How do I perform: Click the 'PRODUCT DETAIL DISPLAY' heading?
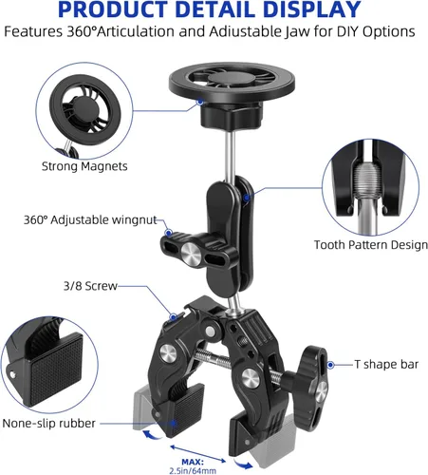click(210, 9)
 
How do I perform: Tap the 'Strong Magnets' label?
click(84, 166)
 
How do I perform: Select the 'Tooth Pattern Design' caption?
click(371, 245)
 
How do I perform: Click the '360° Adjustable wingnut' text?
click(90, 219)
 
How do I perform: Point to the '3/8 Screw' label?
click(90, 286)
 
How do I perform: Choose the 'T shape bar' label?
click(386, 364)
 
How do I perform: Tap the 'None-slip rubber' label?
click(48, 423)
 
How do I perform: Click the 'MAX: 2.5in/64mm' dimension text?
click(193, 466)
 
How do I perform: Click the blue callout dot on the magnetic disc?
click(200, 102)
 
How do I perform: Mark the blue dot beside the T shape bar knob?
click(330, 365)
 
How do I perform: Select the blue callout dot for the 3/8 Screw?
click(174, 316)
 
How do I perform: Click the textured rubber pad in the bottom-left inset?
click(56, 371)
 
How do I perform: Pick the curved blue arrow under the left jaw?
click(153, 434)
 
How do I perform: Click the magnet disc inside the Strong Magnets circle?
click(85, 110)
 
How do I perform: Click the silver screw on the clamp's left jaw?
click(168, 354)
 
